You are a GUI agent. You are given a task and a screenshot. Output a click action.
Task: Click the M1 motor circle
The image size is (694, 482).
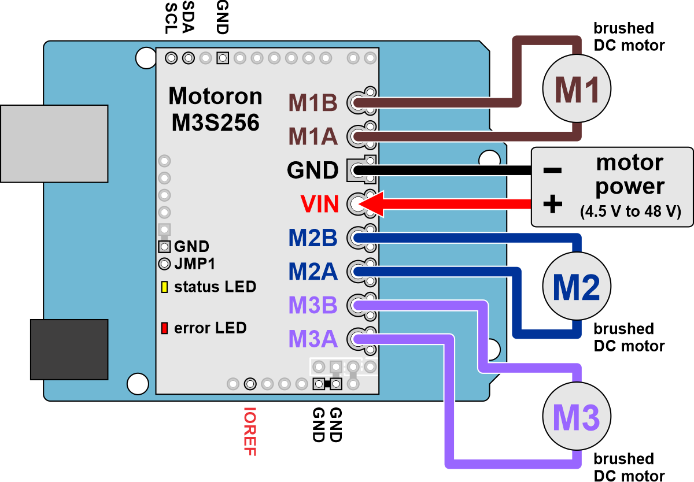click(x=577, y=88)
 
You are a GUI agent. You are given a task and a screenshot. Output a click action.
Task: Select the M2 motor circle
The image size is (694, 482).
click(x=577, y=286)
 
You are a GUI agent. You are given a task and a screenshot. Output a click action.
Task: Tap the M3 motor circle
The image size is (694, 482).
click(x=577, y=416)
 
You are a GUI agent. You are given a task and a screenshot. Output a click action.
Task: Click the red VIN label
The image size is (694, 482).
click(x=319, y=204)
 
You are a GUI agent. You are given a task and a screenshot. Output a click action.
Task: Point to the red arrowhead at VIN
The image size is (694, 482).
click(x=371, y=203)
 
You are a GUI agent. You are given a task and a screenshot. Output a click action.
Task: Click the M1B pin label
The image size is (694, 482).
click(x=313, y=103)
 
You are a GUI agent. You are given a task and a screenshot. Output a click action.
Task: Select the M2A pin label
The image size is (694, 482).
click(x=313, y=272)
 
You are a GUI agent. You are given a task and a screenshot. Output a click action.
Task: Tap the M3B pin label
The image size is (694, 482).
click(x=313, y=305)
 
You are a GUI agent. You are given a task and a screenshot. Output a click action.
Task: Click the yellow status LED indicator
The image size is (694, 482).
click(x=164, y=287)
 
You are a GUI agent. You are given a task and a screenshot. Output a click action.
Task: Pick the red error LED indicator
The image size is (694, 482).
click(x=164, y=328)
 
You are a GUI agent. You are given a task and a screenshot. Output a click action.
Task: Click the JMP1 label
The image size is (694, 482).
click(x=194, y=264)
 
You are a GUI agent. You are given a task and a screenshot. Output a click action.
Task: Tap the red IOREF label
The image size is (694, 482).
click(x=250, y=432)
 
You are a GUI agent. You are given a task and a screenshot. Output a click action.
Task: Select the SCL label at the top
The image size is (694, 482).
click(x=171, y=18)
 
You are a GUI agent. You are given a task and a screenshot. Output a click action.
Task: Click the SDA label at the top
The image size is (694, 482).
click(x=189, y=17)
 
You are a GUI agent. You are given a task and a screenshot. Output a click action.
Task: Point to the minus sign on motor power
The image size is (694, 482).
click(x=552, y=170)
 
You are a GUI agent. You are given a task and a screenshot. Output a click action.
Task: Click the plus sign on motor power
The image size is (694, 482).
click(x=553, y=203)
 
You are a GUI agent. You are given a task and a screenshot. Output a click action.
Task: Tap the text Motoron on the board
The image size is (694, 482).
click(x=215, y=96)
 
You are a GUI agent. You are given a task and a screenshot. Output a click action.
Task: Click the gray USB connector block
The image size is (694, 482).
click(x=54, y=144)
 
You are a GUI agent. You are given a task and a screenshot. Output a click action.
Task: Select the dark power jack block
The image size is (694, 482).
click(x=69, y=350)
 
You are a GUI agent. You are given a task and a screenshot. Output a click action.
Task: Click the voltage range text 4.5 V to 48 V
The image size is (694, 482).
click(x=630, y=212)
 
